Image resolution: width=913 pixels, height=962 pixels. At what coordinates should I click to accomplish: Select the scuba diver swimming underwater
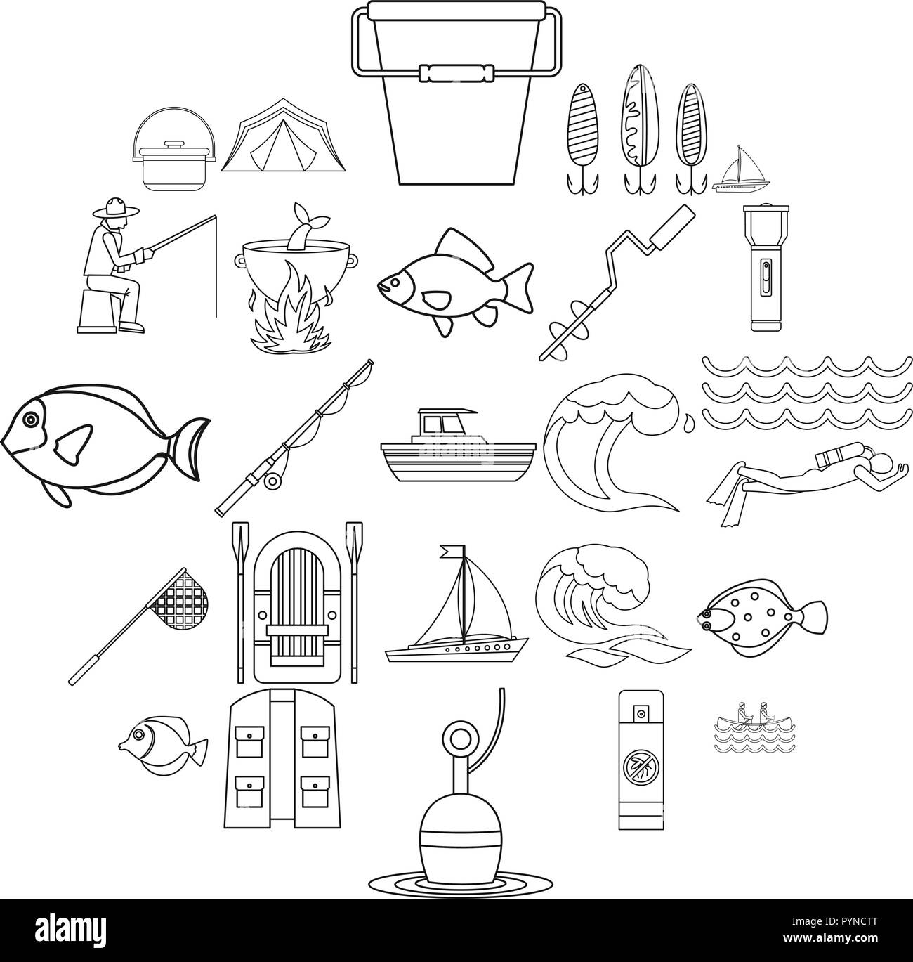801,478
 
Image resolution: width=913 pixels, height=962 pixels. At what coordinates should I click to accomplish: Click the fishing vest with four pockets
283,755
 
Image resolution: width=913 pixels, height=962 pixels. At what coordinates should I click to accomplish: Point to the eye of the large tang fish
29,420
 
